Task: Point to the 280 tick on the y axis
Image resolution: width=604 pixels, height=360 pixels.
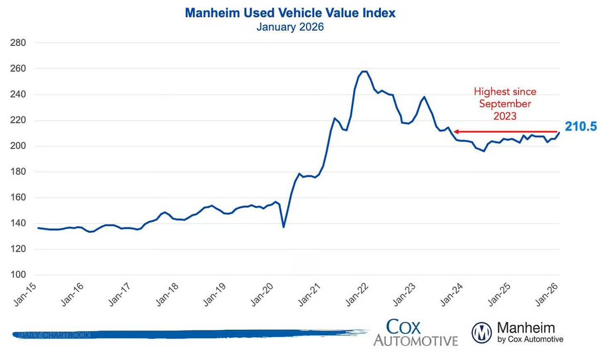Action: (19, 43)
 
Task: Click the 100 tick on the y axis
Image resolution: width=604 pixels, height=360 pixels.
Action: (19, 275)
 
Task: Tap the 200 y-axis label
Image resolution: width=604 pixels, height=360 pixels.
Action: (19, 146)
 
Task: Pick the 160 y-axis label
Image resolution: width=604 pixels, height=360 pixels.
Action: (19, 198)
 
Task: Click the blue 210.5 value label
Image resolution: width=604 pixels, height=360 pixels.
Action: (580, 127)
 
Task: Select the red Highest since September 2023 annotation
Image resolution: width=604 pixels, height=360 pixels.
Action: (505, 104)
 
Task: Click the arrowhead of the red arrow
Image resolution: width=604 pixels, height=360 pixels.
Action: (455, 132)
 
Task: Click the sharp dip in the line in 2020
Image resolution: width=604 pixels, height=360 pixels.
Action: (284, 227)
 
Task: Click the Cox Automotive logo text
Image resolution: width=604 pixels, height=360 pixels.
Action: (416, 333)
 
